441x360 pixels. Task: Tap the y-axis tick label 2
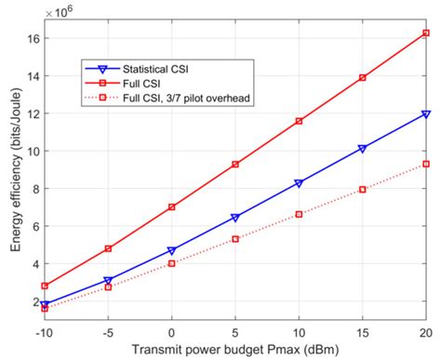33,301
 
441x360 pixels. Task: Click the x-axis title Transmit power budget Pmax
234,350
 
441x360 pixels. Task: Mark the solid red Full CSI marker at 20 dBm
425,33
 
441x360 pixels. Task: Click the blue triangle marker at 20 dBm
425,113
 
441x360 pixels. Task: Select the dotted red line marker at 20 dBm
425,164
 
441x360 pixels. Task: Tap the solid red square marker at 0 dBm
172,207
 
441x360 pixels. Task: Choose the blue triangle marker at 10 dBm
299,183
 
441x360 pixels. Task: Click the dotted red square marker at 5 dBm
235,239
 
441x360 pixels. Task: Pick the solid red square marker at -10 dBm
46,287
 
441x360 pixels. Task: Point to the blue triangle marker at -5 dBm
109,280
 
